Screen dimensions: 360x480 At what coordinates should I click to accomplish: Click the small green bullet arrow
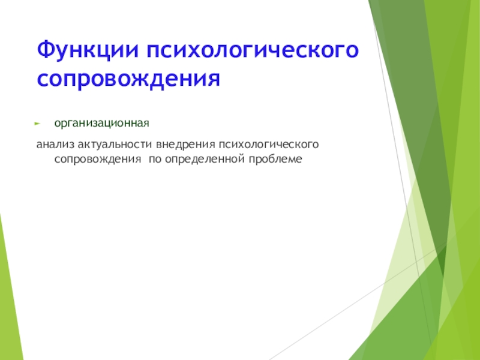38,124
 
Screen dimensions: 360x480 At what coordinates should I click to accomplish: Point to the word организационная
101,124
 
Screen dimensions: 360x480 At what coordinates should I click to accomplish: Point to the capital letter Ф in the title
46,50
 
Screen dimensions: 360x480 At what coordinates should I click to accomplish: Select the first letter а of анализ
39,145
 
